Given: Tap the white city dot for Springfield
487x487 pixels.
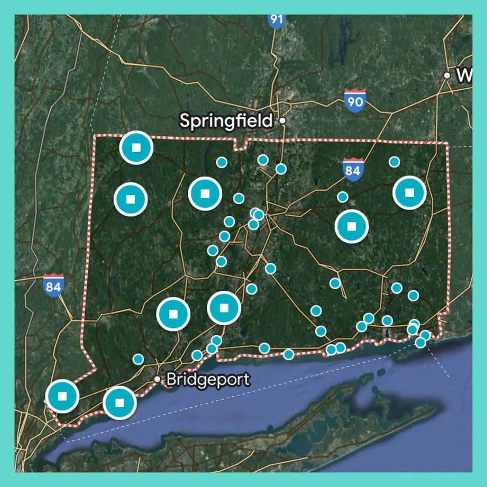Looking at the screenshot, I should (x=283, y=121).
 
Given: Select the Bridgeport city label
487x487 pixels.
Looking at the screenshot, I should (x=208, y=379).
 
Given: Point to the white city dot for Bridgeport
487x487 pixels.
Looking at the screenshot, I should (x=157, y=379).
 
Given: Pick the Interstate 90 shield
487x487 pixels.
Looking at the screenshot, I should (x=355, y=101).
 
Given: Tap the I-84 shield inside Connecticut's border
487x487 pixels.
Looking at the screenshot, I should (x=353, y=169).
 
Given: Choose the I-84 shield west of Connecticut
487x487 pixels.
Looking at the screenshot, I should (x=53, y=285).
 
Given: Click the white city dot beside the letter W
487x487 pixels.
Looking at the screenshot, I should (x=447, y=76).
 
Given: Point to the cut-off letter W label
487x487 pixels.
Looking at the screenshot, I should (x=464, y=76).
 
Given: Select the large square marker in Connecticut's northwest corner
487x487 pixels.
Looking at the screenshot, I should (x=136, y=148).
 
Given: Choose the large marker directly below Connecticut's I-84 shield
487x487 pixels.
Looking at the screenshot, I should (x=352, y=226).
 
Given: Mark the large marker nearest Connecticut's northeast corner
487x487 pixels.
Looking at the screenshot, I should (x=410, y=193).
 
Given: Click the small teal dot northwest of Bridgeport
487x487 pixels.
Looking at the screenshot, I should (x=138, y=359).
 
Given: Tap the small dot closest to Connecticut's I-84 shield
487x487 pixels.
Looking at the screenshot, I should (x=343, y=197).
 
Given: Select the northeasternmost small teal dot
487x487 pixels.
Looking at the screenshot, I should (x=394, y=162).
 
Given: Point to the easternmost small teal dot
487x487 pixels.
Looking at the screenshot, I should (x=425, y=335).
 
